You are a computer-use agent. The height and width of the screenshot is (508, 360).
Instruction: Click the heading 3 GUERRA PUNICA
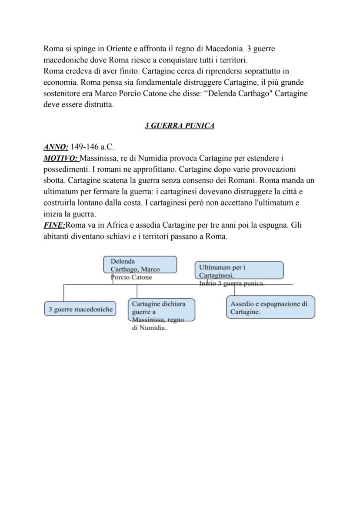[x=180, y=126]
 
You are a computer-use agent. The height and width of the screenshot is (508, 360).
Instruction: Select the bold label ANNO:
[x=56, y=147]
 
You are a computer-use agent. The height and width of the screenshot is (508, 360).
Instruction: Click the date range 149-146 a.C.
[x=92, y=147]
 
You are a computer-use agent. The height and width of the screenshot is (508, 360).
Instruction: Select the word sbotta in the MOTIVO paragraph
[x=54, y=180]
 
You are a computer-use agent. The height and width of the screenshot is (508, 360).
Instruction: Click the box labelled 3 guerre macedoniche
[x=80, y=309]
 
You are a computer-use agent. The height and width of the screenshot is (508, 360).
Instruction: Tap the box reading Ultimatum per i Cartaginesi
[x=240, y=270]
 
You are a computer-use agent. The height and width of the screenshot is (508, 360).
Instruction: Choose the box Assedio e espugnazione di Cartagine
[x=270, y=308]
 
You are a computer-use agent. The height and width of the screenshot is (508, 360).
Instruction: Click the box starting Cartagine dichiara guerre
[x=161, y=309]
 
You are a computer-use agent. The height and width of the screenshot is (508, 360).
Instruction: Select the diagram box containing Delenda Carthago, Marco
[x=140, y=264]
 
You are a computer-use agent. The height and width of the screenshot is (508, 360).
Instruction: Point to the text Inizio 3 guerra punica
[x=232, y=283]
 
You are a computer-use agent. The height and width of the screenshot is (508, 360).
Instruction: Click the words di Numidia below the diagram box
[x=149, y=328]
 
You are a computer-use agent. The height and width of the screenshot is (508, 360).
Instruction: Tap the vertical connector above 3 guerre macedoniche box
[x=64, y=293]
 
